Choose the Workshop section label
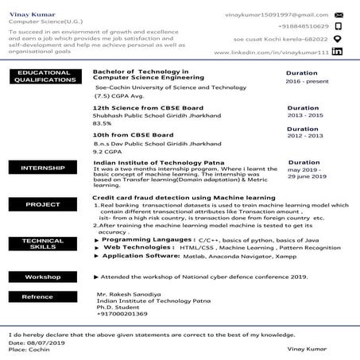click(x=42, y=277)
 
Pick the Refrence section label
click(x=37, y=296)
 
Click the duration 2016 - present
click(x=305, y=82)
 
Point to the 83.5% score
click(x=103, y=123)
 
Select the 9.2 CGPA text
click(x=106, y=151)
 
